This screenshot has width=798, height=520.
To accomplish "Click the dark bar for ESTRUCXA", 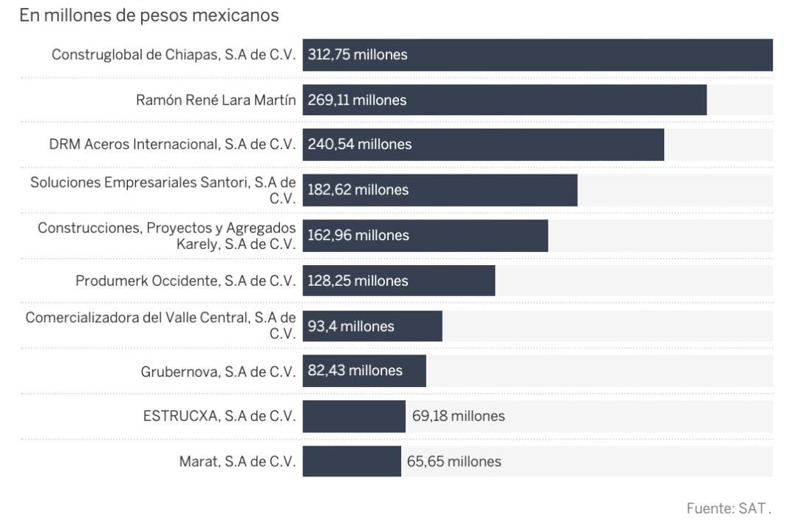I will click(x=354, y=417).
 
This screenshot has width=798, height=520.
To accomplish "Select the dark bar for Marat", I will click(x=352, y=462).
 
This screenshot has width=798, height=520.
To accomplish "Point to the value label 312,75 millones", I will click(x=358, y=55).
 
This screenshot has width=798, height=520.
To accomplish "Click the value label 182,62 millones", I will click(x=358, y=190).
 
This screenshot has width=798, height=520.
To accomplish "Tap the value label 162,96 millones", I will click(x=358, y=236).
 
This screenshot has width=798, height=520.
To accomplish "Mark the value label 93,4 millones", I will click(x=351, y=326).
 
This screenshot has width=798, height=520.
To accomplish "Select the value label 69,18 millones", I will click(x=458, y=417).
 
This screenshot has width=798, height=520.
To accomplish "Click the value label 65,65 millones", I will click(x=454, y=462).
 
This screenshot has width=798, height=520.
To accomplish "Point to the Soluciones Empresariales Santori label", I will click(x=163, y=190).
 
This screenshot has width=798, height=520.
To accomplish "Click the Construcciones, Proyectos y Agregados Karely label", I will click(x=167, y=236).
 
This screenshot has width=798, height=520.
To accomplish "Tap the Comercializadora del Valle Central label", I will click(x=161, y=326).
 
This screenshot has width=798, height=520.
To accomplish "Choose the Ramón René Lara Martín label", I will click(x=216, y=100).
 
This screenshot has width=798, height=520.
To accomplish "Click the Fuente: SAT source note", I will click(x=729, y=508).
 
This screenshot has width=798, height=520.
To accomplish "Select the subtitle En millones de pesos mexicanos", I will click(x=149, y=15).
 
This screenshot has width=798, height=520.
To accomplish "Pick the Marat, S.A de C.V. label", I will click(x=237, y=462).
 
